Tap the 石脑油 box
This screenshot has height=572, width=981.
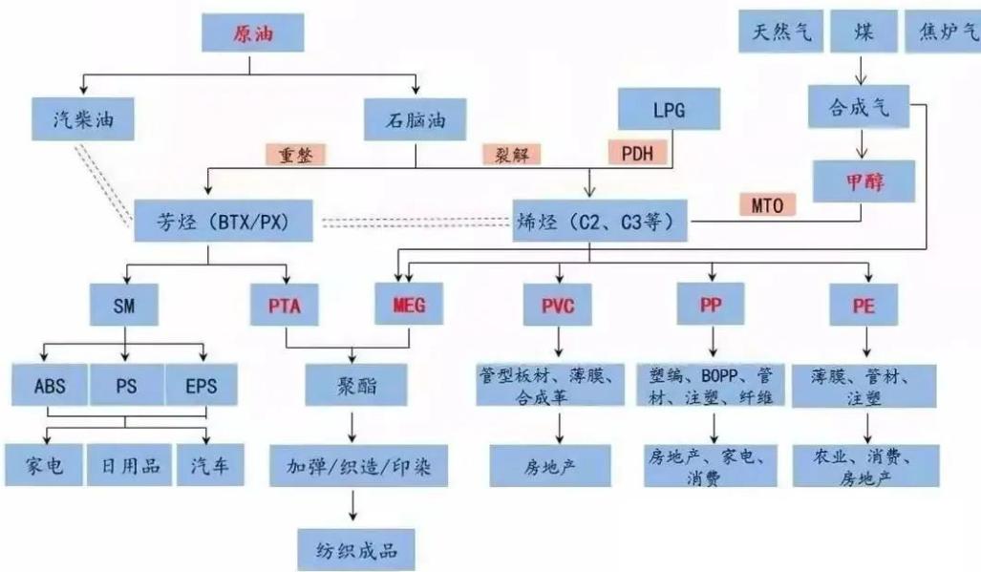pyautogui.click(x=417, y=119)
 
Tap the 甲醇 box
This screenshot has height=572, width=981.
pyautogui.click(x=864, y=180)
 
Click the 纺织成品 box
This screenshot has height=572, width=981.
pyautogui.click(x=355, y=549)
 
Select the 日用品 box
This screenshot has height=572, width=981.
pyautogui.click(x=130, y=467)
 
